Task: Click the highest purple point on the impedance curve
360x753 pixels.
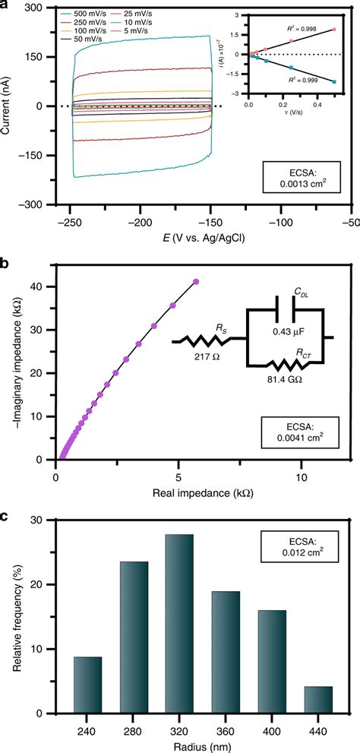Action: [197, 282]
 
